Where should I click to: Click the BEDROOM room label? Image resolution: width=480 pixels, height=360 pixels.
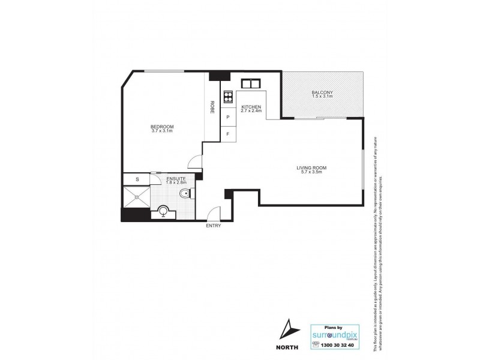click(x=162, y=126)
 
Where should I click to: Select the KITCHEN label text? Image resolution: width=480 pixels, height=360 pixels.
click(x=251, y=107)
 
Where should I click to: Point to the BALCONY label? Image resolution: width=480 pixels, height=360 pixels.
click(x=322, y=92)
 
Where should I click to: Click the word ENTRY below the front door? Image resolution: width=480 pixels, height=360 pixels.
click(x=213, y=226)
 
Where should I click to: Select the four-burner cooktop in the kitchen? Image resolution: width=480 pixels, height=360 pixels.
click(x=228, y=97)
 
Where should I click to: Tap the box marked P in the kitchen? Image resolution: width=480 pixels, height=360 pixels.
click(x=228, y=118)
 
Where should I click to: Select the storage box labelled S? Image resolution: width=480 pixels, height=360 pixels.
click(x=137, y=178)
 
